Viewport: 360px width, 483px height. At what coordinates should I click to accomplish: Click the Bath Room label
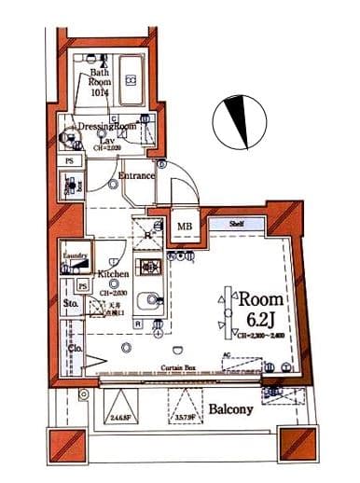[100, 82]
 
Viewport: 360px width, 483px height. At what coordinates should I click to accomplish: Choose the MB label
[185, 227]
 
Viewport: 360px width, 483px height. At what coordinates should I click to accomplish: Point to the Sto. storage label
[70, 304]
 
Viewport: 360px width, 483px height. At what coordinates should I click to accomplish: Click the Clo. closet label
[76, 348]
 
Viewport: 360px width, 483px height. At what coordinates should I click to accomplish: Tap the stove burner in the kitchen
[147, 267]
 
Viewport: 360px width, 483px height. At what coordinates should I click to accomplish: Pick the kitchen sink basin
[147, 302]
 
